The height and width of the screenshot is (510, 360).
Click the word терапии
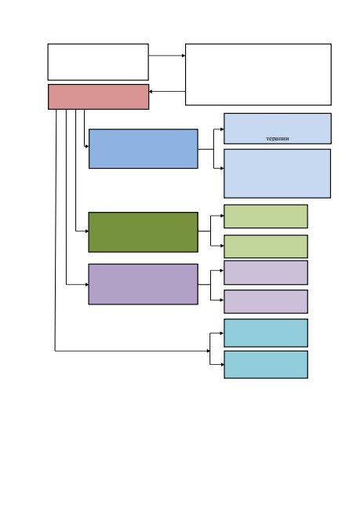point(278,139)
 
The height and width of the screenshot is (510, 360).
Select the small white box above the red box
point(98,62)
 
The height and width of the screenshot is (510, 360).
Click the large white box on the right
point(258,75)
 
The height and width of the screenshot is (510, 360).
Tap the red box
point(99,97)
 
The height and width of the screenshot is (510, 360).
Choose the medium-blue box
point(144,148)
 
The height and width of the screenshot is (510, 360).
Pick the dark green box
point(143,232)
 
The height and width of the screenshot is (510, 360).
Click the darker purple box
point(143,284)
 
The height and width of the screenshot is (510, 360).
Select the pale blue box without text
point(278,173)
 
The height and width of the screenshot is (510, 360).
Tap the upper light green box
point(266,217)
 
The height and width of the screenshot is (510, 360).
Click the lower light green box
point(266,246)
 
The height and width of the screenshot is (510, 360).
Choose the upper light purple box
point(266,272)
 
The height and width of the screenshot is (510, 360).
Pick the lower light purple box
point(266,301)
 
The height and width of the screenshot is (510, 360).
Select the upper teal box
point(266,333)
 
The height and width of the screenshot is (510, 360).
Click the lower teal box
point(266,364)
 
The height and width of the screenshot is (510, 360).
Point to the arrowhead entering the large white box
point(184,56)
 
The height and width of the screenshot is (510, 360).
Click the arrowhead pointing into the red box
point(151,91)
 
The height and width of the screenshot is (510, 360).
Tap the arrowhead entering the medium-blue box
point(87,147)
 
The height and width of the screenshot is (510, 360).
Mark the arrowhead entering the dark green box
point(87,231)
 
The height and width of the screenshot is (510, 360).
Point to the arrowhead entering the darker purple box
point(87,285)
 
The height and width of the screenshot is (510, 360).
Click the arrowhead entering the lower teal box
point(222,364)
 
